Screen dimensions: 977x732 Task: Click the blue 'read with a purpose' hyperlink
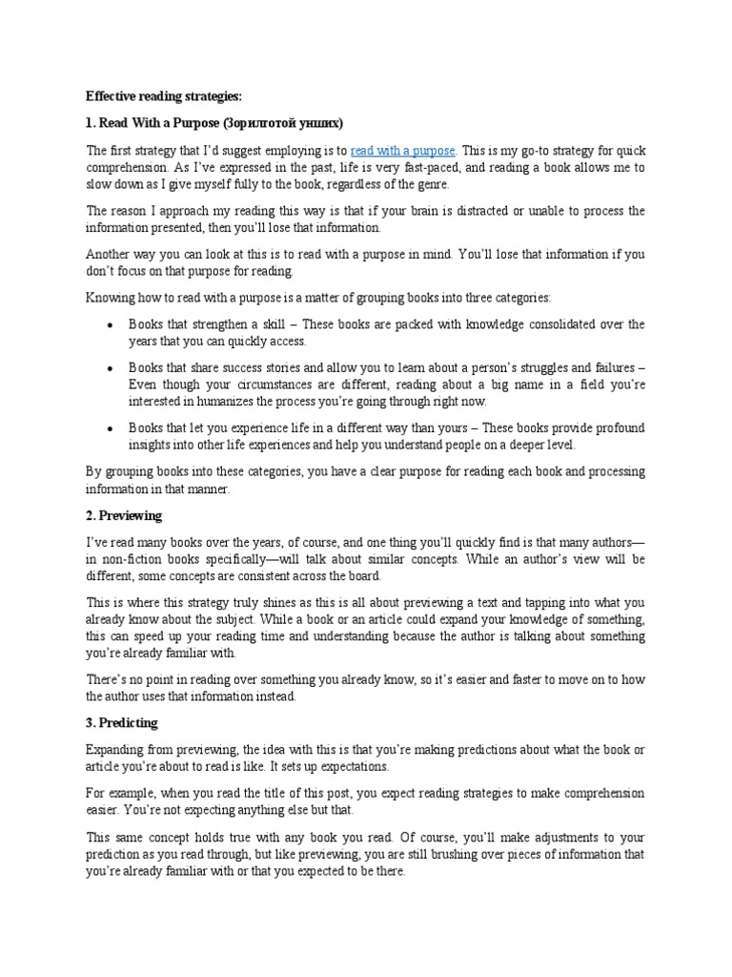pos(403,150)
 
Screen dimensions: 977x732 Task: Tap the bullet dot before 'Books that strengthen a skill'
pos(111,325)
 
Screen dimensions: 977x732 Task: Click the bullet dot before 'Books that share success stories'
pos(111,368)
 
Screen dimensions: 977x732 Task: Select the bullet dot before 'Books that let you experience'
pos(111,428)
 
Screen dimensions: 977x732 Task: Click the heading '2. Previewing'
pos(125,515)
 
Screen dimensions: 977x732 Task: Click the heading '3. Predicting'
pos(123,723)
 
